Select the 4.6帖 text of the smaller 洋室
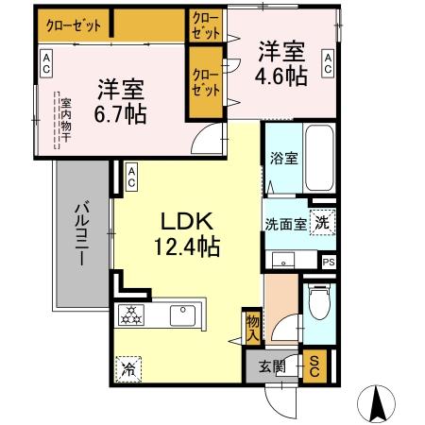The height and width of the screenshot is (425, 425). [280, 76]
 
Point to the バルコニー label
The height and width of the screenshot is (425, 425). [82, 232]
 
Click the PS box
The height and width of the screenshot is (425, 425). [328, 263]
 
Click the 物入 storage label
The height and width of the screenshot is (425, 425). [252, 326]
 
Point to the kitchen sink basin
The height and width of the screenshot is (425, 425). [180, 314]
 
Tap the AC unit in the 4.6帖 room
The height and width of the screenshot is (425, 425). [328, 65]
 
